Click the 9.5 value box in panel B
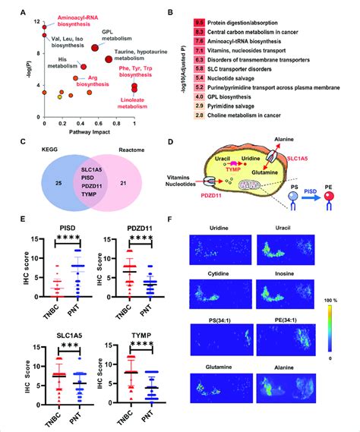(200, 24)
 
